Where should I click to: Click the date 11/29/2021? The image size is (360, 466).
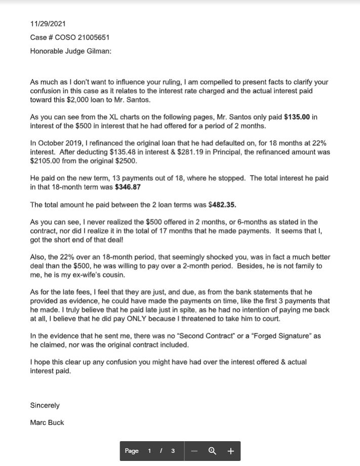point(48,24)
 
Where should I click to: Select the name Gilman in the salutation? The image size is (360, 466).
point(96,51)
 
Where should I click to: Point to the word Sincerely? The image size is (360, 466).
point(45,405)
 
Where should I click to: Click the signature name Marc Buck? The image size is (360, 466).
point(47,422)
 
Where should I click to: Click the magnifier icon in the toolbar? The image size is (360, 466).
point(213,451)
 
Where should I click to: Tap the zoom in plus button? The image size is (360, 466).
point(230,451)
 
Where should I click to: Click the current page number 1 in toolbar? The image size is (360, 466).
point(149,451)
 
